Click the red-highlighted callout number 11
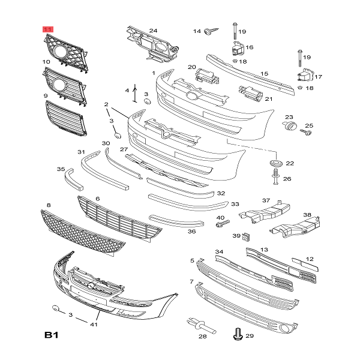coord(47,29)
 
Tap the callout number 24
coord(153,31)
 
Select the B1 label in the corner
coord(53,335)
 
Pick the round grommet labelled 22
coord(276,163)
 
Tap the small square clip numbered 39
coord(246,236)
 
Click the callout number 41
coord(94,325)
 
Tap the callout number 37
coord(266,200)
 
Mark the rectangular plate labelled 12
coord(303,264)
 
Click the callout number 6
coord(97,199)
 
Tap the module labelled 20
coord(205,75)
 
